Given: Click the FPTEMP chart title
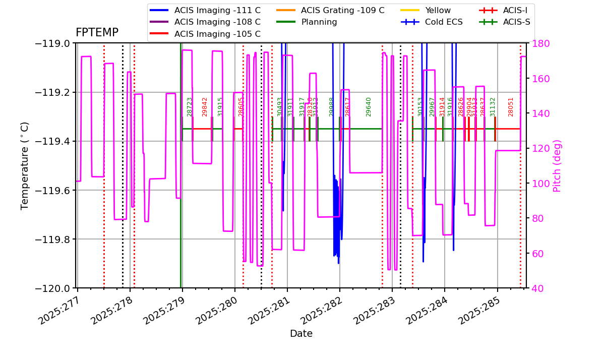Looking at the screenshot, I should pyautogui.click(x=97, y=33).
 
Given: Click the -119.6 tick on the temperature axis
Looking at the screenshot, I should pyautogui.click(x=52, y=191).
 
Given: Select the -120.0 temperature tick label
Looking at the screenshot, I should pyautogui.click(x=52, y=288).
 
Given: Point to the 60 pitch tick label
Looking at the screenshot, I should pyautogui.click(x=536, y=253).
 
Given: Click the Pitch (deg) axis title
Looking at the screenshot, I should pyautogui.click(x=557, y=165).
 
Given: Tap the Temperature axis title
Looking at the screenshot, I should pyautogui.click(x=25, y=165).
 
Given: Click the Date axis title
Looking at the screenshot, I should pyautogui.click(x=301, y=334).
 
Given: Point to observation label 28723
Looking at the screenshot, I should pyautogui.click(x=190, y=107).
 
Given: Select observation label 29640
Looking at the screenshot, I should pyautogui.click(x=369, y=107).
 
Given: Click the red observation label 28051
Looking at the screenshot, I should pyautogui.click(x=511, y=107).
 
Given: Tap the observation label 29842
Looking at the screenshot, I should pyautogui.click(x=205, y=107).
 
